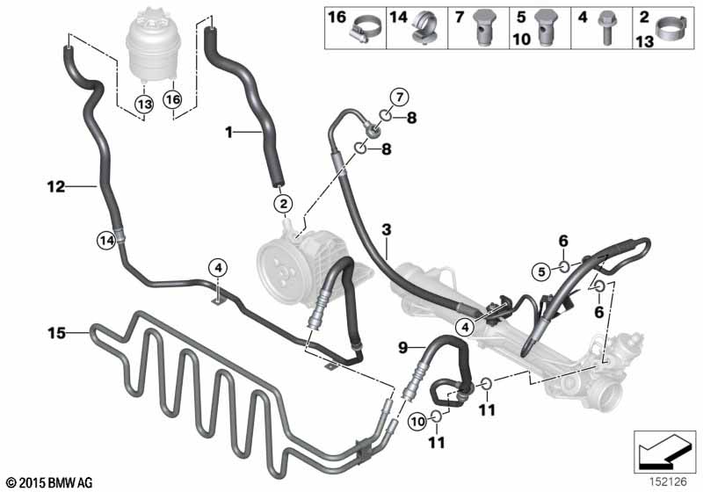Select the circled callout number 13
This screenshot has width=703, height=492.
(x=144, y=105)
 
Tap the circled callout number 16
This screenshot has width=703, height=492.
(x=173, y=99)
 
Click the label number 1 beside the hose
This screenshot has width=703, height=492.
(x=228, y=132)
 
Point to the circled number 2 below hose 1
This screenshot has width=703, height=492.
(x=283, y=205)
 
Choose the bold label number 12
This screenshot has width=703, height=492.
(x=56, y=186)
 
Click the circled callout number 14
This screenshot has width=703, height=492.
(x=106, y=241)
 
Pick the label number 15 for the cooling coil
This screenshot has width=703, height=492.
(x=57, y=333)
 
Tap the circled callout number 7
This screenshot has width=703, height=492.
(x=400, y=97)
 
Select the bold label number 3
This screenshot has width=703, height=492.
(x=387, y=230)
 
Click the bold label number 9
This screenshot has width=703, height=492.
(x=402, y=347)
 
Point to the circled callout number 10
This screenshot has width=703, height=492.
(x=417, y=422)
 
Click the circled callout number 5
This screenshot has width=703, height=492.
(x=541, y=271)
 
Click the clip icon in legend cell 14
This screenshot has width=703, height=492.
(x=424, y=28)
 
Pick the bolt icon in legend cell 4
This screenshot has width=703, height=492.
(x=605, y=28)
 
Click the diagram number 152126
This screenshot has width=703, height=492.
(x=669, y=481)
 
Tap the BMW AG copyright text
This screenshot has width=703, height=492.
(x=50, y=482)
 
